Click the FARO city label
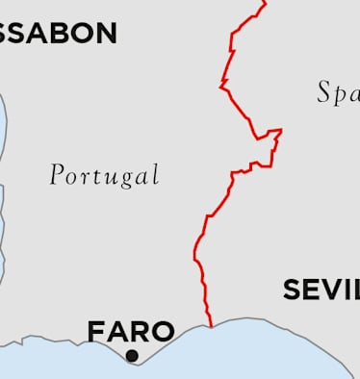pyautogui.click(x=131, y=332)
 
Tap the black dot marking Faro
pyautogui.click(x=132, y=356)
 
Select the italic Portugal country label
pyautogui.click(x=104, y=175)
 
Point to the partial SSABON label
pyautogui.click(x=58, y=34)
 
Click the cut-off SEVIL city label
pyautogui.click(x=321, y=290)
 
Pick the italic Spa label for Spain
pyautogui.click(x=338, y=93)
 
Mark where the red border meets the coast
pyautogui.click(x=211, y=325)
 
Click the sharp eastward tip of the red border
pyautogui.click(x=280, y=130)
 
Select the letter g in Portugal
pyautogui.click(x=128, y=178)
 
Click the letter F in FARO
pyautogui.click(x=96, y=332)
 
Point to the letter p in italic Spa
pyautogui.click(x=340, y=96)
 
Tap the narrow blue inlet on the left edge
pyautogui.click(x=3, y=192)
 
